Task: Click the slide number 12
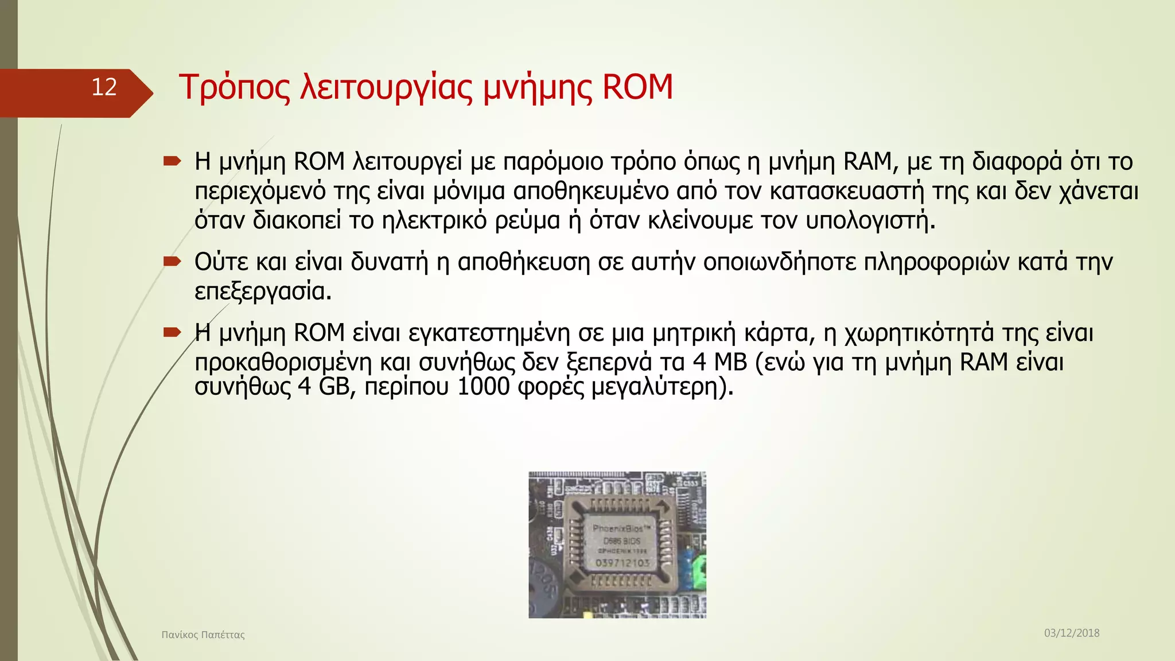click(x=104, y=87)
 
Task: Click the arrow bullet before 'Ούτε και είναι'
click(x=172, y=262)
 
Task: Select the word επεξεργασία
click(x=263, y=291)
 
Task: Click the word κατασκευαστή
click(x=847, y=191)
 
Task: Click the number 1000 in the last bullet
click(x=483, y=387)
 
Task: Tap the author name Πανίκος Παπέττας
click(x=203, y=635)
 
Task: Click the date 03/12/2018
click(x=1071, y=633)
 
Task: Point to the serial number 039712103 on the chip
click(x=622, y=563)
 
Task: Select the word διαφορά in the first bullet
click(x=1017, y=162)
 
